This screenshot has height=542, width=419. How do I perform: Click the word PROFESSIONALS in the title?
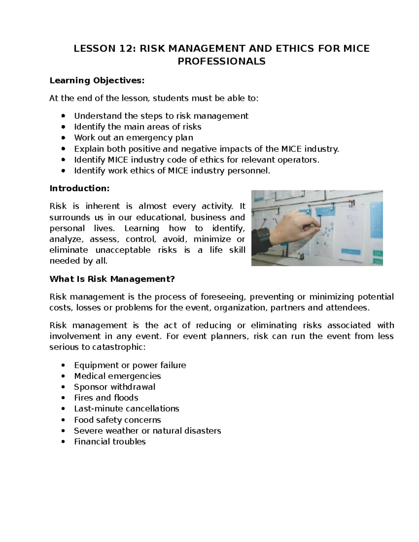tap(221, 62)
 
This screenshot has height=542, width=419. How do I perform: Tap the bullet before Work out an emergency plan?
tap(63, 138)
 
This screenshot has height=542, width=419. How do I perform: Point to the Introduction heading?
tap(80, 188)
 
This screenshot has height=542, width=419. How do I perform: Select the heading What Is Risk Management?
tap(112, 279)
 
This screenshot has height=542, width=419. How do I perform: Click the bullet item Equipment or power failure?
tap(130, 365)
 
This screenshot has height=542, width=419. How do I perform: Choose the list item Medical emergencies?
tap(117, 376)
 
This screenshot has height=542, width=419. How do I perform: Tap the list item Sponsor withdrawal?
tap(115, 387)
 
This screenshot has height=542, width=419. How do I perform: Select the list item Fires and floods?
tap(106, 398)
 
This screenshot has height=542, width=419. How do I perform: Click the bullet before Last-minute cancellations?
tap(63, 409)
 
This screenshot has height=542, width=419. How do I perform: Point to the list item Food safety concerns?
tap(117, 420)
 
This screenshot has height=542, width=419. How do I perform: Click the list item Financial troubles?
tap(110, 442)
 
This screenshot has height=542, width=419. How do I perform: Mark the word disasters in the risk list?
tap(203, 431)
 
